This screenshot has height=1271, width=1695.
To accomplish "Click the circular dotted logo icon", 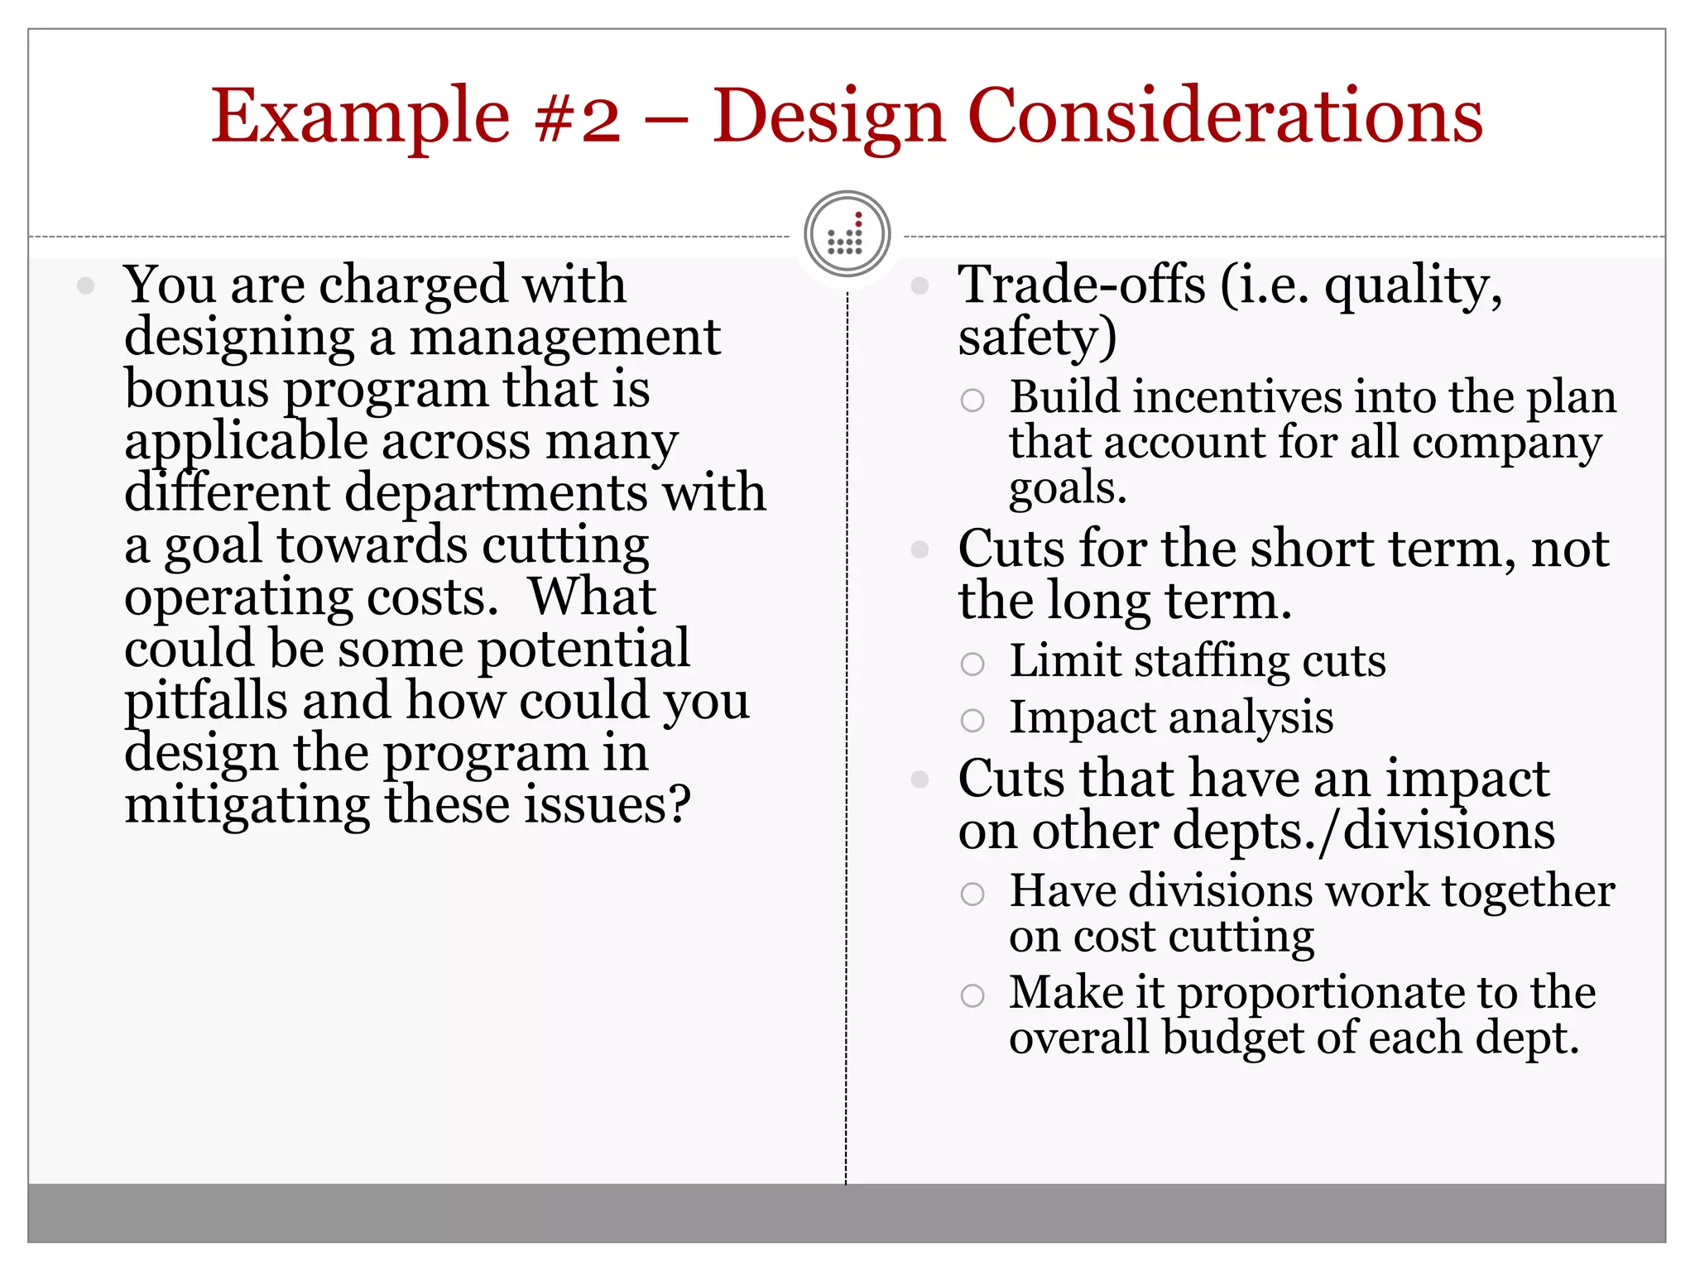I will [x=847, y=235].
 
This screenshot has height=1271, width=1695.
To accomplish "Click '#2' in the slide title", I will [x=578, y=118].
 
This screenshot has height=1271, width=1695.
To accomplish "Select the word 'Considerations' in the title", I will [x=1224, y=118].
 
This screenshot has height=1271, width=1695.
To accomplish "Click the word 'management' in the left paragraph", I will [x=565, y=338].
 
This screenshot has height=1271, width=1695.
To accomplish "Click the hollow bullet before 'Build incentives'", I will [x=972, y=400].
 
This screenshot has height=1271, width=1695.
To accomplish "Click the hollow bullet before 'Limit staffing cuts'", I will [x=972, y=664].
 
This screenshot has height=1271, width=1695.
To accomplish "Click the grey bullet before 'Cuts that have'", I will [x=920, y=779].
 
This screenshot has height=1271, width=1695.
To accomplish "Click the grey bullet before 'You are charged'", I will [x=85, y=286].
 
